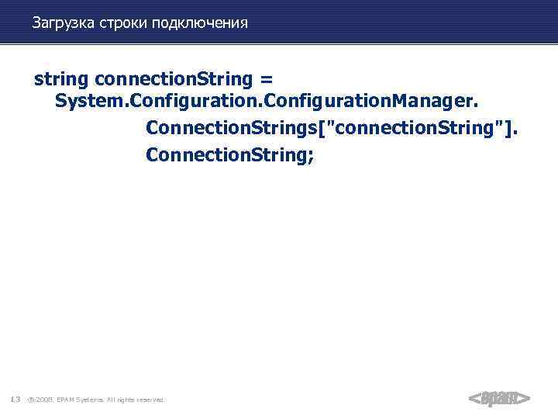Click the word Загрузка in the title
(63, 23)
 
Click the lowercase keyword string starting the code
(61, 79)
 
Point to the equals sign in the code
(267, 79)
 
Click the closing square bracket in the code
(504, 128)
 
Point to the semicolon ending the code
(311, 155)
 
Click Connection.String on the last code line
(226, 154)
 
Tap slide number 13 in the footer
(15, 400)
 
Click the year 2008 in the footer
(45, 400)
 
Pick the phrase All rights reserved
(138, 400)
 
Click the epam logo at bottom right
(499, 399)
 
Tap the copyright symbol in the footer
(30, 400)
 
